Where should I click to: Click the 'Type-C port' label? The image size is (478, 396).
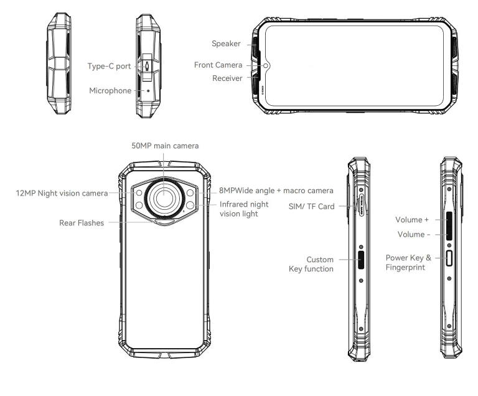[110, 66]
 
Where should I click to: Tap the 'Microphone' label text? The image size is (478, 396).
[110, 90]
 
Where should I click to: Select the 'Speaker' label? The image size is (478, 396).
[226, 44]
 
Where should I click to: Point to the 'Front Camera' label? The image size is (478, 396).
[218, 65]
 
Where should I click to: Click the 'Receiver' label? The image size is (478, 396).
[227, 78]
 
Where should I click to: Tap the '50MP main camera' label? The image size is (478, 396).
[165, 146]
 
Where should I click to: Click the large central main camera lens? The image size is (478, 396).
[165, 197]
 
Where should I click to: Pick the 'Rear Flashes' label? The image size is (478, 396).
[82, 222]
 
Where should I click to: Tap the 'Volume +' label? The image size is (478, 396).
[412, 220]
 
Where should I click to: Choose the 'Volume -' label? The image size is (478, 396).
[413, 234]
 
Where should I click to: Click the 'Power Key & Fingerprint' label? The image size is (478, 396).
[408, 262]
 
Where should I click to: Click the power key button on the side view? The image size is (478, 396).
[449, 260]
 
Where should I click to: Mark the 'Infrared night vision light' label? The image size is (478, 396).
[244, 209]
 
